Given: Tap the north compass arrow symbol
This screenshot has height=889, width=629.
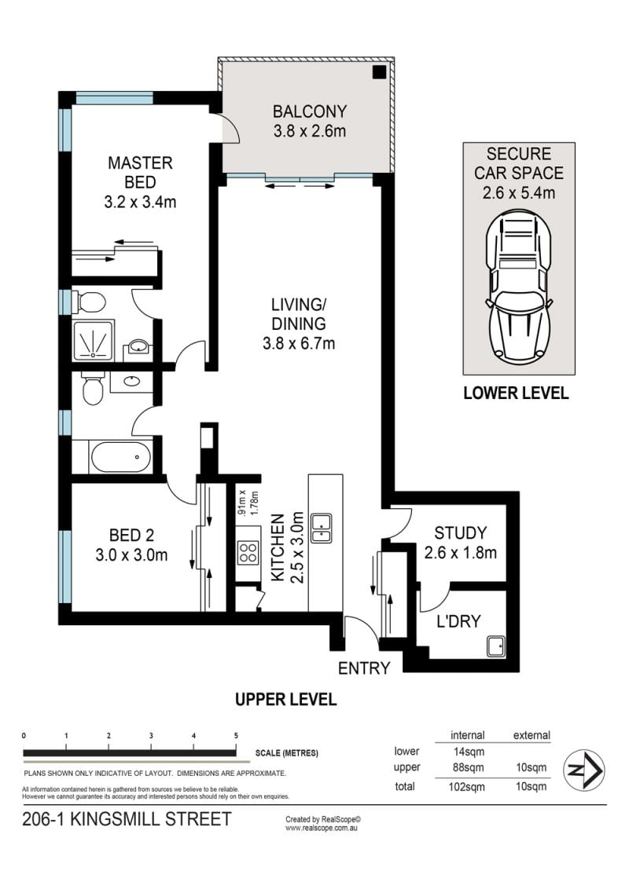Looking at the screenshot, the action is (583, 770).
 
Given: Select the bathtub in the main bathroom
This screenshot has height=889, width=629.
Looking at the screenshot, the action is (121, 457).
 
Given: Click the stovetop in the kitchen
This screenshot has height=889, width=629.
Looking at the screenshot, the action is (248, 551).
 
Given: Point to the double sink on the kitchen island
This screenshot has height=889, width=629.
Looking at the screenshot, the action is (322, 529).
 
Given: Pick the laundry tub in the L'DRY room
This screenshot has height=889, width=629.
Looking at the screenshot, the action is (496, 646).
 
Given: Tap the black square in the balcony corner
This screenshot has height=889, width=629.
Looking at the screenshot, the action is (379, 72).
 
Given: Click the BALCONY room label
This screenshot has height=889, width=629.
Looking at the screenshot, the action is (310, 112).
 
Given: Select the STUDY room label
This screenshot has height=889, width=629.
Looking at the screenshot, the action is (461, 533).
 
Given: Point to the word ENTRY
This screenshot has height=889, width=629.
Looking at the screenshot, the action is (364, 668).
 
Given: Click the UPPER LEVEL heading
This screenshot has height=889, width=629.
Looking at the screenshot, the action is (285, 699).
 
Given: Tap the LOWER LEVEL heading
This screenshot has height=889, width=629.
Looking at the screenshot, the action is (516, 393).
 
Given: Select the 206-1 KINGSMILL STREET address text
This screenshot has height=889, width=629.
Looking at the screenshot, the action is (127, 819).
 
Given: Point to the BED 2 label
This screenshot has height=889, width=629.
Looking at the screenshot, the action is (132, 536).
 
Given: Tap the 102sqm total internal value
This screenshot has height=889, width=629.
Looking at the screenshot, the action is (467, 787).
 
